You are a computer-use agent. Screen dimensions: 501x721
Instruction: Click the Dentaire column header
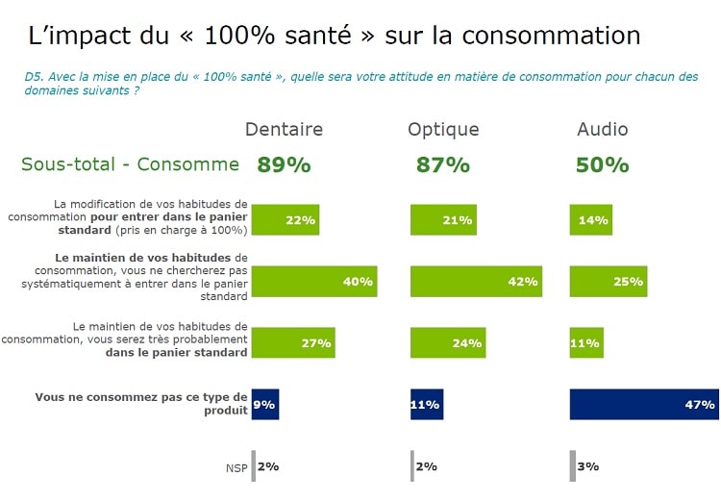coord(284,130)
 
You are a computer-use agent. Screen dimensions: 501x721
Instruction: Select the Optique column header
coord(443,130)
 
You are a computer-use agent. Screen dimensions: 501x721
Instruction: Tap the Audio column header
coord(603,130)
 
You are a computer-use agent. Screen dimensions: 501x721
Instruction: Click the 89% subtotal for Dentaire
coord(284,165)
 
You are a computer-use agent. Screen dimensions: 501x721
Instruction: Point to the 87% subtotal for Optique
coord(443,165)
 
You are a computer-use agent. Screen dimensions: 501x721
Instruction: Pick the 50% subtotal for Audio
coord(603,165)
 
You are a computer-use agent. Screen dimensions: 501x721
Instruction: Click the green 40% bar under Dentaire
coord(313,282)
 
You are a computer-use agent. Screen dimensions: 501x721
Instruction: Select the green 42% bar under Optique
coord(476,282)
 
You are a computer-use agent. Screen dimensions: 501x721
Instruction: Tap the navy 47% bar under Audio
coord(643,405)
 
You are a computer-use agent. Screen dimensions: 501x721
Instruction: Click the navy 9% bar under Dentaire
coord(264,405)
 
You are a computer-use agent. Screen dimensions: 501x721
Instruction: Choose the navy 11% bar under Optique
coord(427,405)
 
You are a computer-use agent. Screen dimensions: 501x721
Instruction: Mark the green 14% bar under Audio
coord(590,220)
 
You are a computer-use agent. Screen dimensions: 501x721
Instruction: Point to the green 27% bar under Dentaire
coord(292,343)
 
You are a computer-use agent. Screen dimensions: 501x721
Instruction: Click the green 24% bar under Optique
coord(447,343)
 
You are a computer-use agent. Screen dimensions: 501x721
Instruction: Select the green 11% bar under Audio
coord(586,343)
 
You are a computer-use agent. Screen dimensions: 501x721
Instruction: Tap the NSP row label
coord(236,467)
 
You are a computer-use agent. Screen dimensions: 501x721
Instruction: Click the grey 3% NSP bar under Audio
coord(573,466)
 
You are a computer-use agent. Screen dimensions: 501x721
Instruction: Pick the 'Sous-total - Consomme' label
coord(130,164)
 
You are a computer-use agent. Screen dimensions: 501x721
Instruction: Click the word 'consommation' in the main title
coord(551,37)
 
